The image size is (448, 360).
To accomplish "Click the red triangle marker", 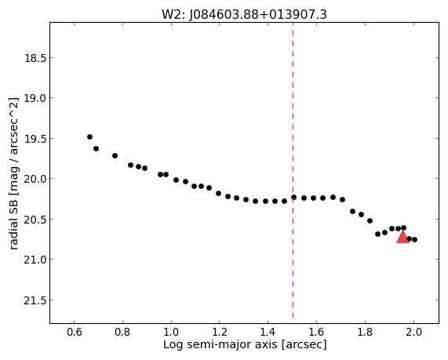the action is coord(402,237).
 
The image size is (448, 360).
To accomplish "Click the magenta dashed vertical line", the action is coord(293,170).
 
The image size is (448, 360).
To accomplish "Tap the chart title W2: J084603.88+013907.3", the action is coord(244,15).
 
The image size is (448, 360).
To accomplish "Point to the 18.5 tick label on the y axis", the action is coord(35,58).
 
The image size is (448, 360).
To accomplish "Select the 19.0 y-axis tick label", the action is coord(35,98).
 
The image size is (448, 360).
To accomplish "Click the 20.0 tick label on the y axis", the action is coord(35,179).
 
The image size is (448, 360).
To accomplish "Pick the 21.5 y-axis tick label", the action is coord(35,300).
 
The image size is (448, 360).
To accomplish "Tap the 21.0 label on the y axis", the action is coord(35,260).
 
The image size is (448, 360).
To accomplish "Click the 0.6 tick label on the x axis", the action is coord(75,332).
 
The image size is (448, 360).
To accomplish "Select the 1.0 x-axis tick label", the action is coord(171,332).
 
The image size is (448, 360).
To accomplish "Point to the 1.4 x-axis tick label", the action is coord(268,332).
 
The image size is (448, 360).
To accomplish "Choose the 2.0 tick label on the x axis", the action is coord(413,332).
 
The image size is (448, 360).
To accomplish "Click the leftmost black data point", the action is coord(89,136).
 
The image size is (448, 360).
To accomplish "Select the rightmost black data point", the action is coord(414,239).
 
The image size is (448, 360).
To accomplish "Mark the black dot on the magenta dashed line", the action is coord(293,197).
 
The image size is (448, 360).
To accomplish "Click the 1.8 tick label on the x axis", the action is coord(365,332).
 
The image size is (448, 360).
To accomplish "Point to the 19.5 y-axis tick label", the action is coord(35,139).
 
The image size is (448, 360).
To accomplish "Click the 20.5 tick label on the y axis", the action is coord(35,220).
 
